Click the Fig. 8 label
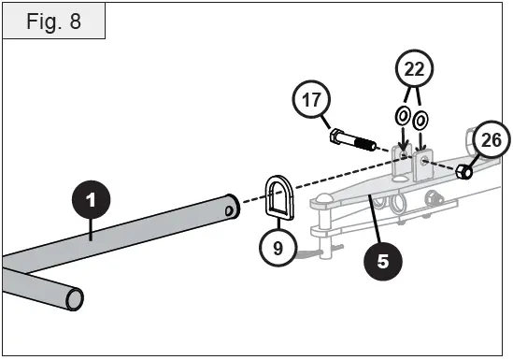point(54,22)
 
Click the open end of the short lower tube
point(74,299)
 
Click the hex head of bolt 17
point(337,137)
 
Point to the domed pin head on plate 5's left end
point(323,197)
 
